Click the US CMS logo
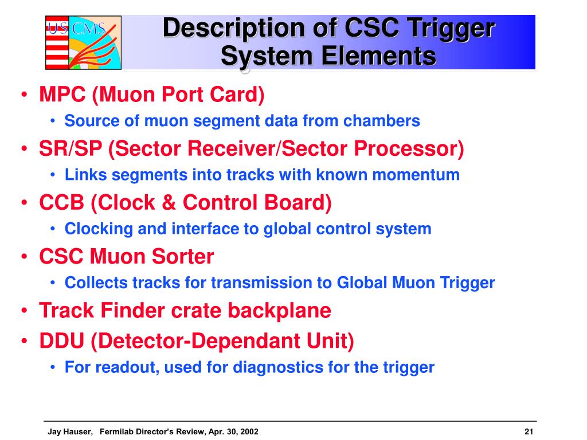coord(83,42)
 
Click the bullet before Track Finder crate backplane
coord(26,311)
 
